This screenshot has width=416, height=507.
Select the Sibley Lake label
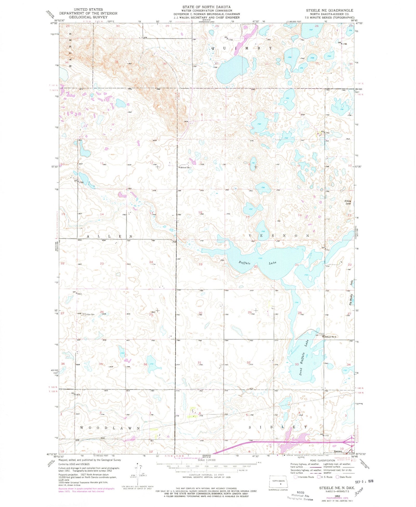tap(348, 202)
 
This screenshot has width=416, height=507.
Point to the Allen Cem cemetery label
tap(90, 314)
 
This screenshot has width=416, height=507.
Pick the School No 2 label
tap(331, 337)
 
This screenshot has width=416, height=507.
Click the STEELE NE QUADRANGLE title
tap(329, 10)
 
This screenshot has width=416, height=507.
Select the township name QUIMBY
tap(241, 48)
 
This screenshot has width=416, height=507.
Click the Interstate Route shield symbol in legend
tap(296, 477)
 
